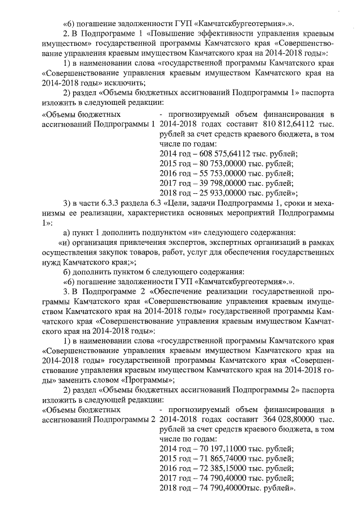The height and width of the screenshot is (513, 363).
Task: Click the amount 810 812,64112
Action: (x=289, y=124)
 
